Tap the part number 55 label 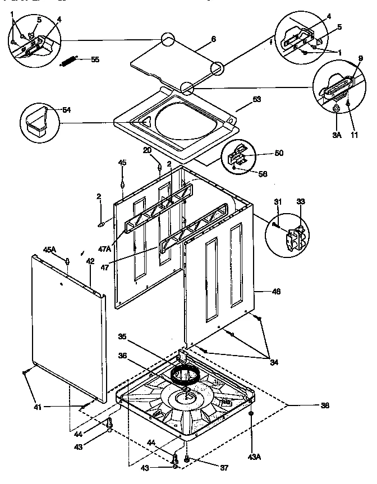[95, 59]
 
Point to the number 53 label [256, 99]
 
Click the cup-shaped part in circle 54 [36, 121]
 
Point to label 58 [261, 174]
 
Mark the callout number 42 [90, 260]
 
